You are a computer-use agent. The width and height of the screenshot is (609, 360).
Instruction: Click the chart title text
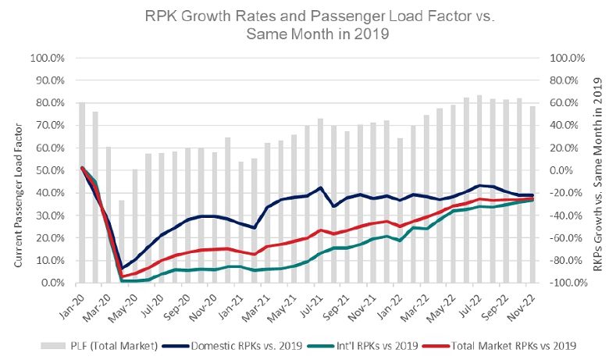[304, 23]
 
